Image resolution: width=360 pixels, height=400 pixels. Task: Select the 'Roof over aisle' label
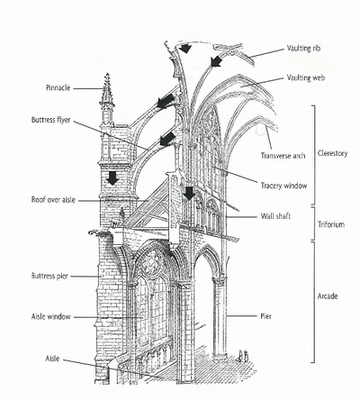(x=61, y=199)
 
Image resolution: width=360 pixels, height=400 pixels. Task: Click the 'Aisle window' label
(x=58, y=317)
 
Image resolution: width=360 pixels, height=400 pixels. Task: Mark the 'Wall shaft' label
(x=269, y=216)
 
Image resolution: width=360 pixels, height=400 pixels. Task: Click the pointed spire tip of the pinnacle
(x=107, y=77)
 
